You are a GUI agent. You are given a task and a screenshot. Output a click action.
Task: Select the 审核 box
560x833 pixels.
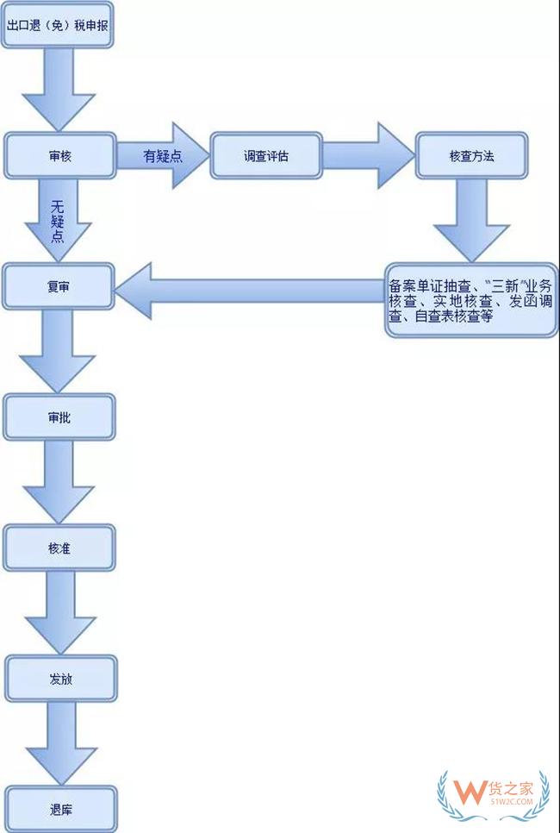click(x=59, y=156)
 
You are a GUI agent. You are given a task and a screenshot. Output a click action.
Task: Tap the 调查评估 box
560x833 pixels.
click(x=266, y=156)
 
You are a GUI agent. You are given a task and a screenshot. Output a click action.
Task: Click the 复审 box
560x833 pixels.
click(x=59, y=286)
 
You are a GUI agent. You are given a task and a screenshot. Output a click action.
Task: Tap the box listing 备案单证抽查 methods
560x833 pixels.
click(x=470, y=299)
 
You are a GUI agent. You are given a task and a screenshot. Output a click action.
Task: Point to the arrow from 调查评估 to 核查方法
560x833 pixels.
click(x=370, y=156)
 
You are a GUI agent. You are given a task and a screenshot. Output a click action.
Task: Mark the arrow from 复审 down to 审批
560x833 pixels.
click(x=59, y=352)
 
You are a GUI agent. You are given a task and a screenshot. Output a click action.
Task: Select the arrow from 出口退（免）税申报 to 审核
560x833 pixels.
click(x=59, y=91)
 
